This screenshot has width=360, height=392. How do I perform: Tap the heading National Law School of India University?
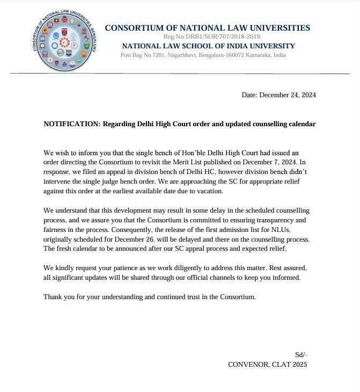pos(208,46)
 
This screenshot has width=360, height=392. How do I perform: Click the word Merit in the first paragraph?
pos(204,162)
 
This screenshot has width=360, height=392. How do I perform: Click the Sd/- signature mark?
pos(301,355)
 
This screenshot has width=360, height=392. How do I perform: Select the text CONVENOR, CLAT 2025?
pos(267,365)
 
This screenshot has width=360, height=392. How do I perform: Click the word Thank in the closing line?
pos(54,296)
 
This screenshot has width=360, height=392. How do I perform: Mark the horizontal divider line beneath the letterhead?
pos(180,74)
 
